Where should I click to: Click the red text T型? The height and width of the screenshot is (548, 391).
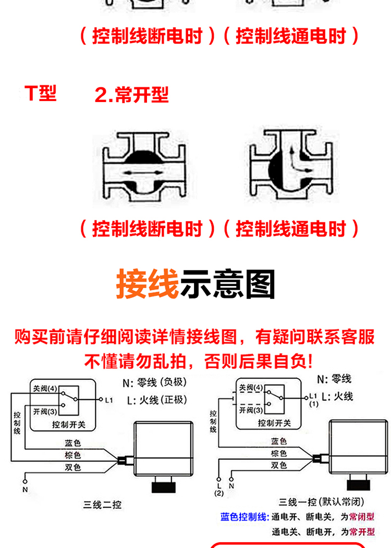point(40,94)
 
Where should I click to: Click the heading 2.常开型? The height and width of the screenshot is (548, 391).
point(131,95)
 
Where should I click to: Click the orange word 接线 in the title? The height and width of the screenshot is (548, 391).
point(147,284)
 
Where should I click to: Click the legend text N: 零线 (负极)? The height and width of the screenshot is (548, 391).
point(154,383)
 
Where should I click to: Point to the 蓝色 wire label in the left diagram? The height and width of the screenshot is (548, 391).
point(73,443)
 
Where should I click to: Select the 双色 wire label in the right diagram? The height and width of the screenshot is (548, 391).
point(279,465)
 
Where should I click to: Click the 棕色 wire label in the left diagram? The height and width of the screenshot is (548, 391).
point(73,455)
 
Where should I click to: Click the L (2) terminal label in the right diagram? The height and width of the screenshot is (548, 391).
point(219,489)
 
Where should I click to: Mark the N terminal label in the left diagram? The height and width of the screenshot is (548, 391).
point(25,489)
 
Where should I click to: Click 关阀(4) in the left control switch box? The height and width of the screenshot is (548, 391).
point(45,389)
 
